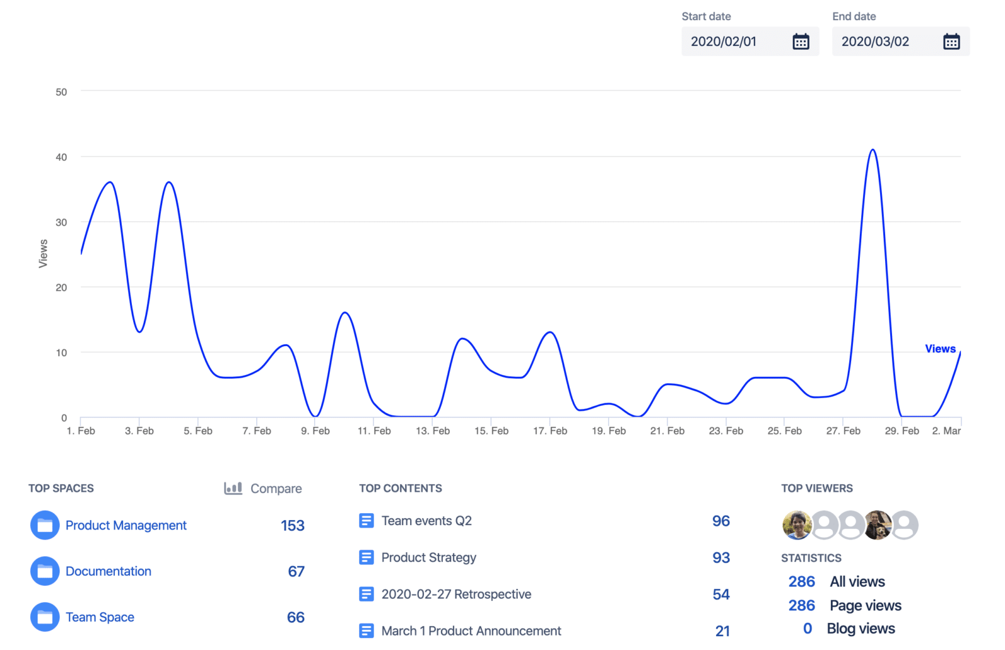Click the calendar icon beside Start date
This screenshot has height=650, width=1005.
[x=800, y=42]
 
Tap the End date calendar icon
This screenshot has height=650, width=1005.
[x=951, y=42]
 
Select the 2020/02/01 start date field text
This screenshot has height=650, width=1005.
[x=724, y=42]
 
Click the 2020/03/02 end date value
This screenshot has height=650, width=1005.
[x=875, y=42]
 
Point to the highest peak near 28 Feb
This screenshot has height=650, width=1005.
[x=872, y=151]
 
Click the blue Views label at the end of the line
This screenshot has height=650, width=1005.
[x=940, y=349]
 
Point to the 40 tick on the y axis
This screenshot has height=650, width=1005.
[x=61, y=157]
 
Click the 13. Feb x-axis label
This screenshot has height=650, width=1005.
[x=433, y=431]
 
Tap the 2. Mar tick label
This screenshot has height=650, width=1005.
[x=946, y=431]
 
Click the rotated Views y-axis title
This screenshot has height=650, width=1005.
[x=43, y=254]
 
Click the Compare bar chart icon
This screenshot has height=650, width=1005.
[x=233, y=488]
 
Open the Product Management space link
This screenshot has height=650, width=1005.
[x=126, y=526]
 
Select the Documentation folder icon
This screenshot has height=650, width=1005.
[x=45, y=571]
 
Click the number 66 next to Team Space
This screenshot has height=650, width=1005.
[x=295, y=617]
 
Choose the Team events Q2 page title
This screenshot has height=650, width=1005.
[x=426, y=521]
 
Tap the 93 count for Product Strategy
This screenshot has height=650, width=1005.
[x=720, y=558]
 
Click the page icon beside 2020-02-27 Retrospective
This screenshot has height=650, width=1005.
[x=366, y=594]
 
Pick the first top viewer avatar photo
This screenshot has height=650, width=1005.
[x=796, y=525]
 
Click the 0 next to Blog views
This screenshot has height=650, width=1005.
[x=807, y=629]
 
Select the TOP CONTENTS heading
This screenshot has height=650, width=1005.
[x=400, y=489]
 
